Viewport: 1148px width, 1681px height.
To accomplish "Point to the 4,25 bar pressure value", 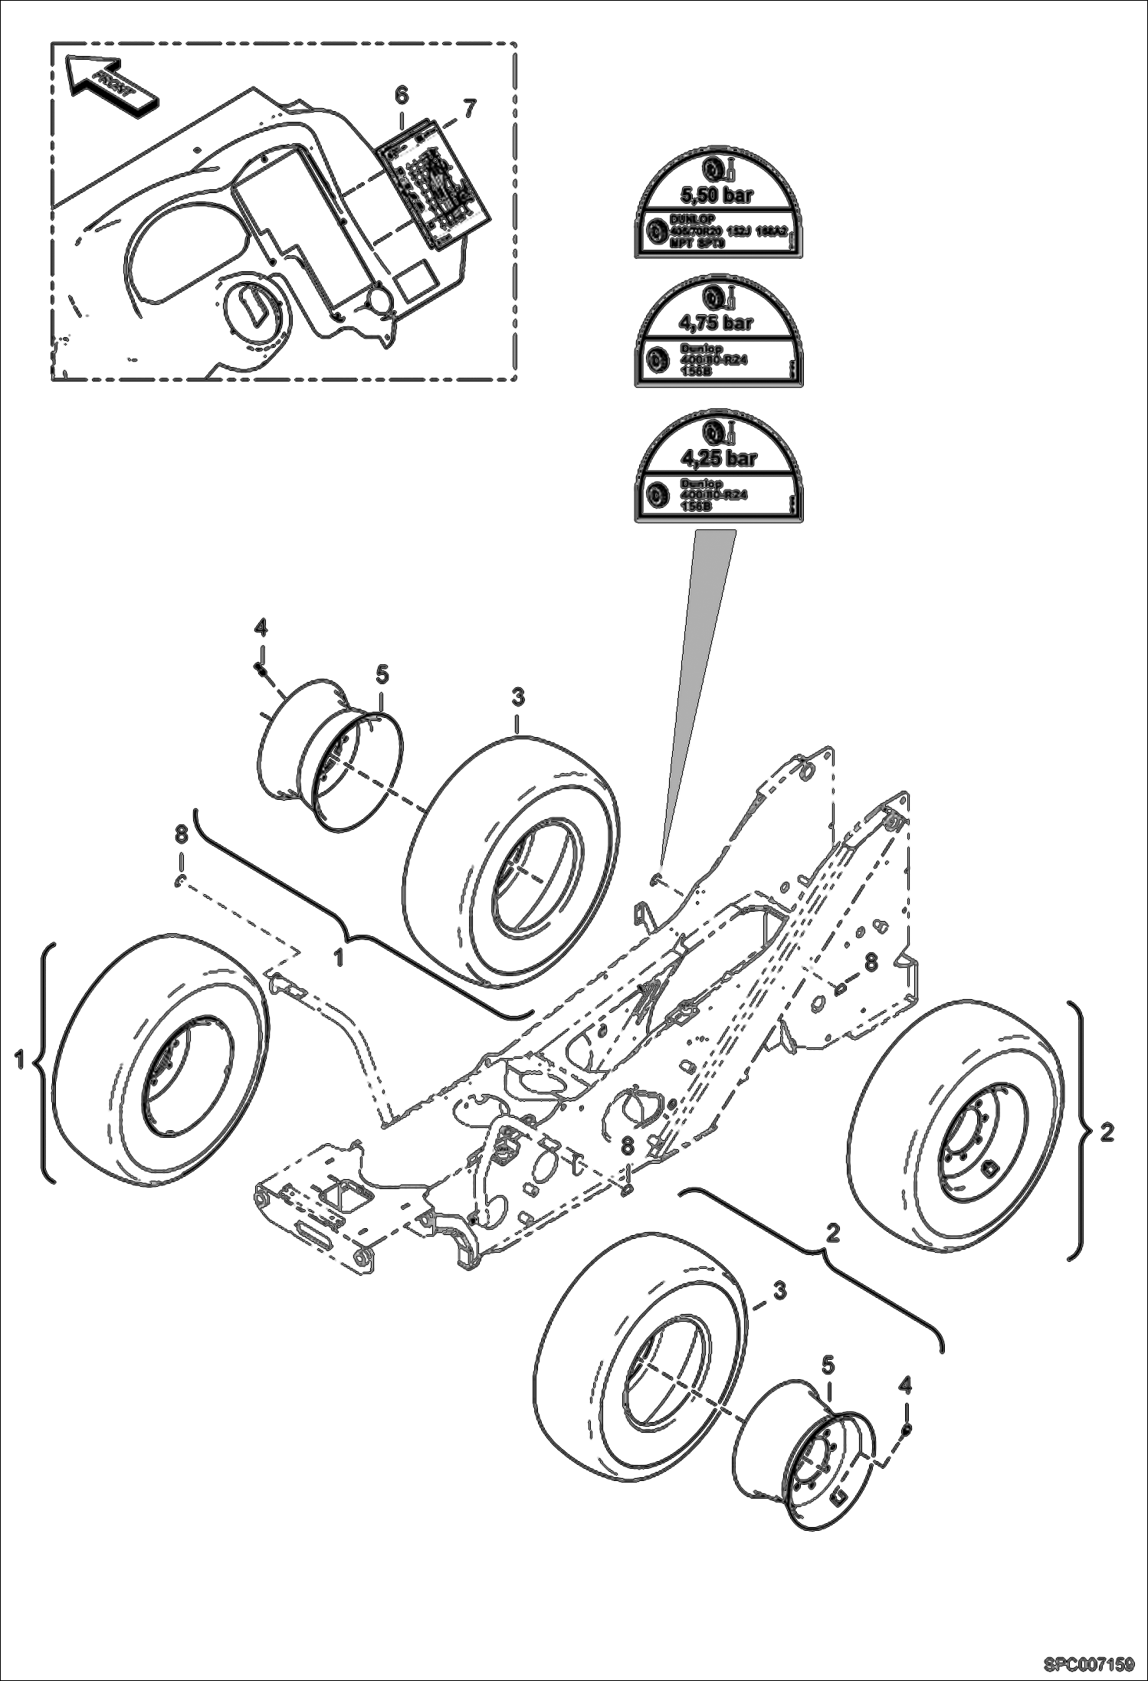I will pos(719,458).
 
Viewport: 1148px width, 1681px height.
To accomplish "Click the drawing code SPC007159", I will pos(1088,1663).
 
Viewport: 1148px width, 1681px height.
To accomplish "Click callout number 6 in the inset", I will pos(402,95).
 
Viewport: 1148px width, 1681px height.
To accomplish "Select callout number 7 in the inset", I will pos(469,109).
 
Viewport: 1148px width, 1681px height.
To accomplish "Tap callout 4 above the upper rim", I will pos(261,629).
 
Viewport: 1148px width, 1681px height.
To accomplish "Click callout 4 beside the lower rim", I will pos(906,1384).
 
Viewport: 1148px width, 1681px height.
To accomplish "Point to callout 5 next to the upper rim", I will pos(382,675).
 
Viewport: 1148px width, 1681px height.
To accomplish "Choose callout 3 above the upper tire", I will pos(518,698).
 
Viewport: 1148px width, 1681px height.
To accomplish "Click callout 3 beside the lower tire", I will pos(779,1291).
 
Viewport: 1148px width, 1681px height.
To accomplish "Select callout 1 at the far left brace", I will pos(19,1060).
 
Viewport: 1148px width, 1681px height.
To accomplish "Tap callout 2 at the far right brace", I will pos(1107,1132).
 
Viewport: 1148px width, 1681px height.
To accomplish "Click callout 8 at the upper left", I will pos(181,834).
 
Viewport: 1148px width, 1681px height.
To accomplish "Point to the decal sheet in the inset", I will pos(434,184).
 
